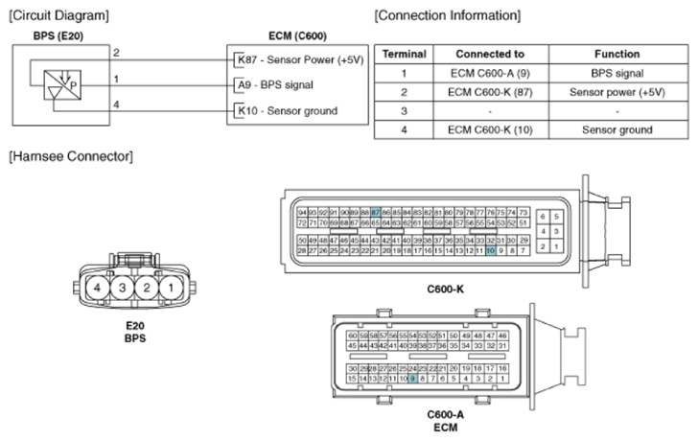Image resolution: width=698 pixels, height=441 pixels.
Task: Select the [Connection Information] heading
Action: point(447,15)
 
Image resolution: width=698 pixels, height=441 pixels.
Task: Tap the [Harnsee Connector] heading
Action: point(69,155)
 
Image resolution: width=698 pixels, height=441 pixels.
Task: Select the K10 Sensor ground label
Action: point(287,110)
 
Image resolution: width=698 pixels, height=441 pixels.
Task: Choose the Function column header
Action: point(617,55)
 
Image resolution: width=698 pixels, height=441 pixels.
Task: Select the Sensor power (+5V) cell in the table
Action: point(617,92)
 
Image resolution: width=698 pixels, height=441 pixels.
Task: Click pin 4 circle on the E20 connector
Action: point(97,288)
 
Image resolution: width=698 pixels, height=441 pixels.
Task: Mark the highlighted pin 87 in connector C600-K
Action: point(376,212)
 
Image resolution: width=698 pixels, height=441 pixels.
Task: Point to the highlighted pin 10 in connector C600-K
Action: point(490,250)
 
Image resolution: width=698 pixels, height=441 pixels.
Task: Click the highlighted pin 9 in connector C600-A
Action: point(412,379)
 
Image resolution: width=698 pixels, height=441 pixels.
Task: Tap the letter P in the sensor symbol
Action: point(72,84)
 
